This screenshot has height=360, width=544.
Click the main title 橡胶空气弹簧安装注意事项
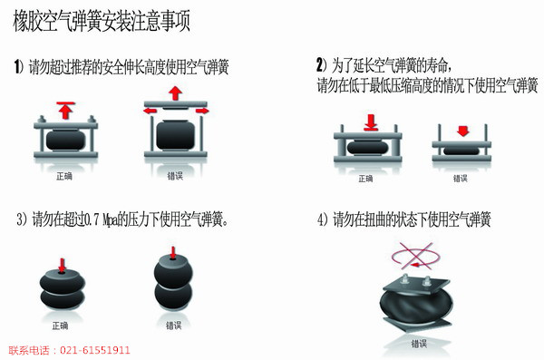pos(102,21)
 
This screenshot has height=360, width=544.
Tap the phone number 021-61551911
pos(95,350)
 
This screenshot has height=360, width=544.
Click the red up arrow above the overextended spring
pos(176,93)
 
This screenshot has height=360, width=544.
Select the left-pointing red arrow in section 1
pos(150,111)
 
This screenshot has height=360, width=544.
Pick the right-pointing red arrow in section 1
pos(202,111)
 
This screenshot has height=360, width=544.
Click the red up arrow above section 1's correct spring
pos(65,110)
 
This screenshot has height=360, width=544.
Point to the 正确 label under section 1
pos(64,176)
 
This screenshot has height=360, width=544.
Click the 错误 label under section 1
pos(175,176)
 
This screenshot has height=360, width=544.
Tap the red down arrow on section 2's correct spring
pos(371,122)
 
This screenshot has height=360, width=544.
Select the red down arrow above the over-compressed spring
pos(462,131)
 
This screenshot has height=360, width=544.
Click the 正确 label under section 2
pos(365,179)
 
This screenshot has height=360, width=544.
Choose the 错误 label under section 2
pos(461,179)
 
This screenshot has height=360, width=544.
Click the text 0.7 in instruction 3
pos(92,219)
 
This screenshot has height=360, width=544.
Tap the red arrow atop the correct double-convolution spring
pos(62,266)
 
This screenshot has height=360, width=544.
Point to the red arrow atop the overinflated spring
pos(173,253)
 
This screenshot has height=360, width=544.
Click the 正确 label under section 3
pos(60,326)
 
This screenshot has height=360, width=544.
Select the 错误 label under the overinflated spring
pos(173,326)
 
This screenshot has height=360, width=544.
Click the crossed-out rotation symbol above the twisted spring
pos(415,257)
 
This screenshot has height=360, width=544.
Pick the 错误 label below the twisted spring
pos(419,344)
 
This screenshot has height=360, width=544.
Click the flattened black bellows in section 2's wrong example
pos(461,151)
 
